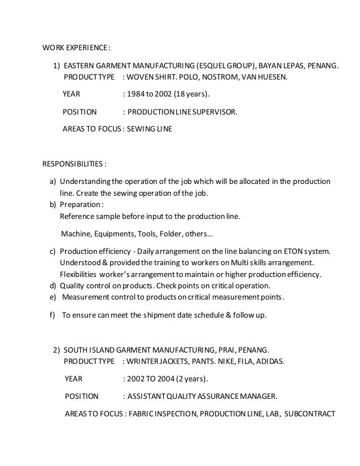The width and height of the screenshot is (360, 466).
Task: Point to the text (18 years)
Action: (x=194, y=93)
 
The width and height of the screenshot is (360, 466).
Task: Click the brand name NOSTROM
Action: (x=210, y=76)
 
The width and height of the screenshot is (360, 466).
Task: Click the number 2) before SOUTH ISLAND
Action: (x=56, y=350)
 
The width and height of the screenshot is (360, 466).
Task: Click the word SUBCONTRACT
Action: (x=310, y=413)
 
